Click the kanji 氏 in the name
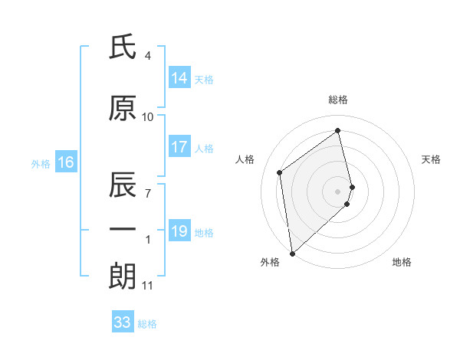tap(123, 48)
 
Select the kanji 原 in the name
tap(123, 109)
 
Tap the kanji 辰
tap(123, 185)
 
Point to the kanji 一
tap(123, 230)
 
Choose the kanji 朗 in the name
tap(123, 275)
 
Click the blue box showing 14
tap(179, 78)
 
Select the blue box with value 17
tap(179, 147)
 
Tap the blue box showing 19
tap(179, 231)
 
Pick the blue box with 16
tap(65, 162)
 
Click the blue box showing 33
tap(123, 322)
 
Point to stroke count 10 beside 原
tap(148, 117)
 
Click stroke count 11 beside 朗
tap(147, 286)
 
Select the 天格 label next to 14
tap(203, 79)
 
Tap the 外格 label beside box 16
tap(41, 163)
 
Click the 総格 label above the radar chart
tap(338, 100)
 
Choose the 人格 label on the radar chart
tap(245, 159)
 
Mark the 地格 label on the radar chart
tap(402, 262)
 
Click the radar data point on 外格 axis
tap(292, 253)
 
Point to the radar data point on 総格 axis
tap(338, 130)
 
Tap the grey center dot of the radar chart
tap(338, 191)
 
